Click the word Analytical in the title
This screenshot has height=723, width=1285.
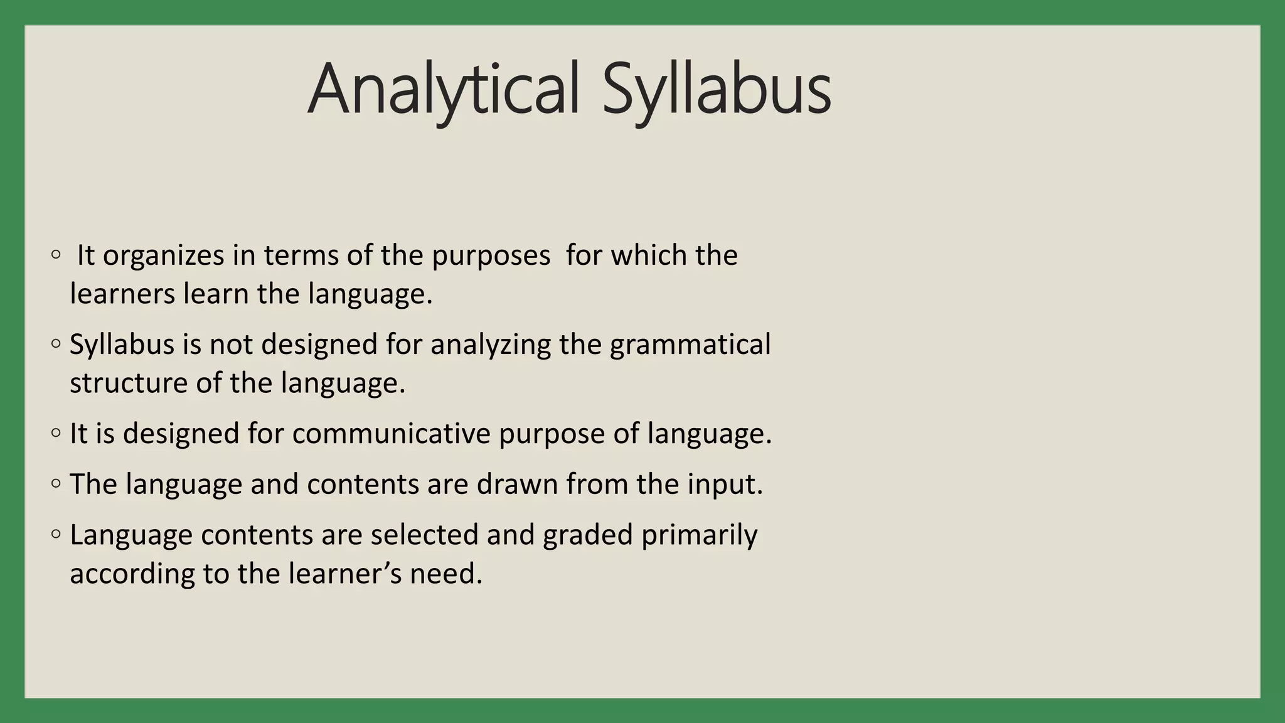[x=443, y=90]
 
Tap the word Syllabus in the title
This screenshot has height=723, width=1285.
[x=717, y=90]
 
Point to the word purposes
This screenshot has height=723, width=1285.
[x=491, y=256]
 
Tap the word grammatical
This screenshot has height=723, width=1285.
[x=690, y=345]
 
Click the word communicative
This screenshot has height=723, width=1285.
[x=391, y=434]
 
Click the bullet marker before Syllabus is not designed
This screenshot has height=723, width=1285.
[x=56, y=344]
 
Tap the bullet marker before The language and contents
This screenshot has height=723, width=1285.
[x=56, y=483]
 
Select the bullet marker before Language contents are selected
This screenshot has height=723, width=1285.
[x=56, y=534]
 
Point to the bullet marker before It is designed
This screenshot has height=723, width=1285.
[x=56, y=433]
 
